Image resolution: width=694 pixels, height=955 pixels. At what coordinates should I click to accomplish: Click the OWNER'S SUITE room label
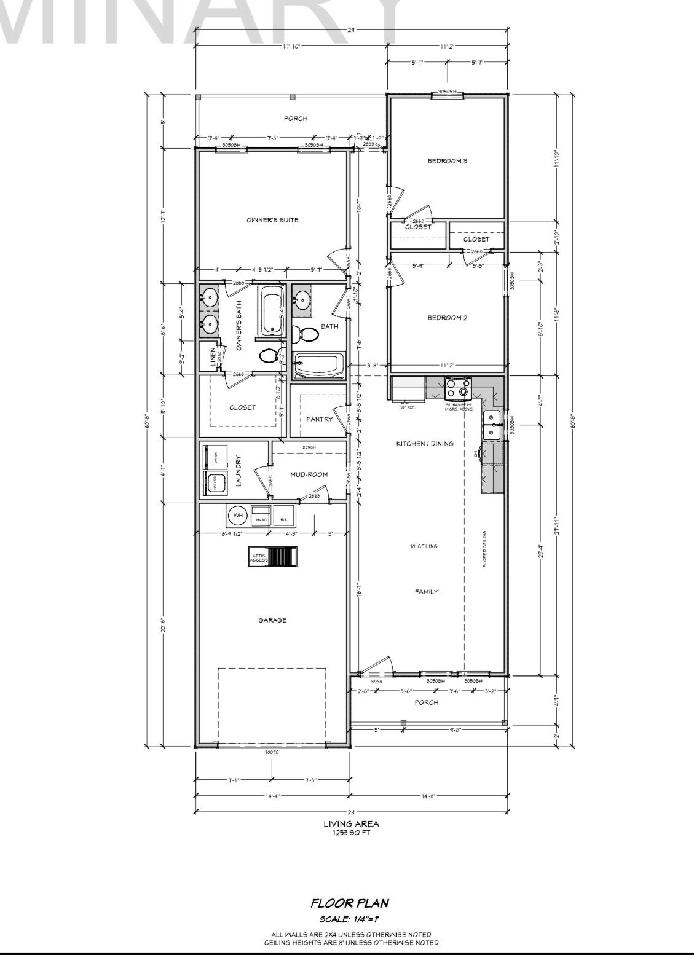272,220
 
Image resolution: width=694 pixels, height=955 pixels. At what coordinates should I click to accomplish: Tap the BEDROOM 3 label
447,161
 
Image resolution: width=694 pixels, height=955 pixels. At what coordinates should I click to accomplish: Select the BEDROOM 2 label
447,318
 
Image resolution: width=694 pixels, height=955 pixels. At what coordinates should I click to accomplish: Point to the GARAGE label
272,620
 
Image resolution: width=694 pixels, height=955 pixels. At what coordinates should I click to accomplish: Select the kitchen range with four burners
458,389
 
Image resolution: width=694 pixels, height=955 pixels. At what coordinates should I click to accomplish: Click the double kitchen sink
492,425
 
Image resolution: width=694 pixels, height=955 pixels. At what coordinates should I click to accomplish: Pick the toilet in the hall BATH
306,334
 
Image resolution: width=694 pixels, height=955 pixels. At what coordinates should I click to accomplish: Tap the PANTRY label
320,419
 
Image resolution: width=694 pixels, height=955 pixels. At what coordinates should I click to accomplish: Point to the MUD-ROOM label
309,474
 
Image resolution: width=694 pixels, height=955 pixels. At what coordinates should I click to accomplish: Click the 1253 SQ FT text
351,833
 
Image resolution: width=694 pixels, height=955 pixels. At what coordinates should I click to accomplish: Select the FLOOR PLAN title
350,903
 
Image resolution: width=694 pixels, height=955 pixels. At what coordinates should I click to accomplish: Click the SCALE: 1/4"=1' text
350,919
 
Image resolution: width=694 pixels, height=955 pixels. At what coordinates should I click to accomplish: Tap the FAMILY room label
426,592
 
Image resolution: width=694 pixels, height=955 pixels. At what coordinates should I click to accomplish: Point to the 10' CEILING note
424,546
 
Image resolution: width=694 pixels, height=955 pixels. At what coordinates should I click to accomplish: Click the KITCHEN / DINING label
425,444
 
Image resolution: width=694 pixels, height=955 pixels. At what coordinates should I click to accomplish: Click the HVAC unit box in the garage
261,515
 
